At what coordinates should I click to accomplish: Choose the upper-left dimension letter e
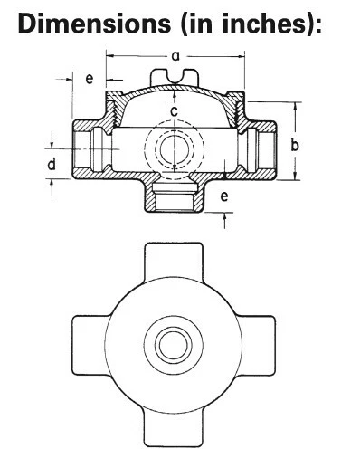89,79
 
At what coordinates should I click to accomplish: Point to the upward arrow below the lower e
223,215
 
